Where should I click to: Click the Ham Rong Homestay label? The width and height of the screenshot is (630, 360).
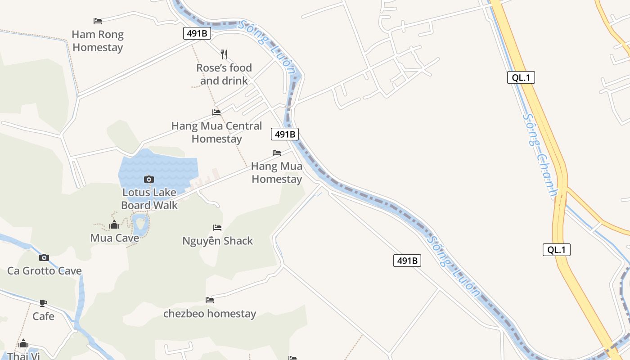click(98, 40)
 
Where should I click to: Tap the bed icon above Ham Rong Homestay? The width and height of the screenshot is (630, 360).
click(98, 21)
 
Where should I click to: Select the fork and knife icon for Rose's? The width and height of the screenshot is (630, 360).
click(224, 54)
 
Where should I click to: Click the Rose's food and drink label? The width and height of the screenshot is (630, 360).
click(224, 74)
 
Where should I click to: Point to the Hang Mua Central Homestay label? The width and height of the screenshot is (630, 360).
click(216, 132)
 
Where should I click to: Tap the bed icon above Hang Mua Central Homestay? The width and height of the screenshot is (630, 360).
click(216, 112)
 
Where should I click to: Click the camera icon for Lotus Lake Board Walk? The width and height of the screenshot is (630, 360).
click(149, 179)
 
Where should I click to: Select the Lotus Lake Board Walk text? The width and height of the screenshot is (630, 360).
click(149, 199)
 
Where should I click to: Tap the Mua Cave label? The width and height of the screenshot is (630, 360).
click(115, 238)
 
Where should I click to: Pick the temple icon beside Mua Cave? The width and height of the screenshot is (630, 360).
click(114, 225)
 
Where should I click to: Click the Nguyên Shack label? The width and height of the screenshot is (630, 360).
click(218, 241)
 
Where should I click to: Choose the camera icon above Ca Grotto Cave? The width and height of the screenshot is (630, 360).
click(44, 257)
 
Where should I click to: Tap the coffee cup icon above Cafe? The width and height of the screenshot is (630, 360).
click(43, 302)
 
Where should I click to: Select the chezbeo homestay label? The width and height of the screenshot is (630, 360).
click(210, 314)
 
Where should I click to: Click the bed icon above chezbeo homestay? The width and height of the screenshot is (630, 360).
click(210, 300)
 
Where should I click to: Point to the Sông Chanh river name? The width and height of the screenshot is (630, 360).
click(539, 155)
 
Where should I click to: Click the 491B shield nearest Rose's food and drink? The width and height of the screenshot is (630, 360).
click(197, 33)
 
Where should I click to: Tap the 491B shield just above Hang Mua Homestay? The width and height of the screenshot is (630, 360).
click(285, 134)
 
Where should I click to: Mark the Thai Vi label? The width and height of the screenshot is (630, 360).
click(24, 356)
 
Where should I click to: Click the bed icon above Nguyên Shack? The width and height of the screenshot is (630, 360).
click(217, 227)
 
